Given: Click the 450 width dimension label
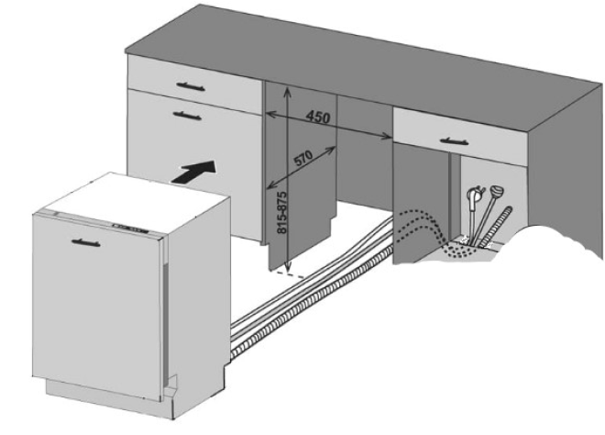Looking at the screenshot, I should [x=317, y=118].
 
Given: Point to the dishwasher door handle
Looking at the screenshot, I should [x=82, y=240].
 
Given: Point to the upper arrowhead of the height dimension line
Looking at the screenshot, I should [x=288, y=91].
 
